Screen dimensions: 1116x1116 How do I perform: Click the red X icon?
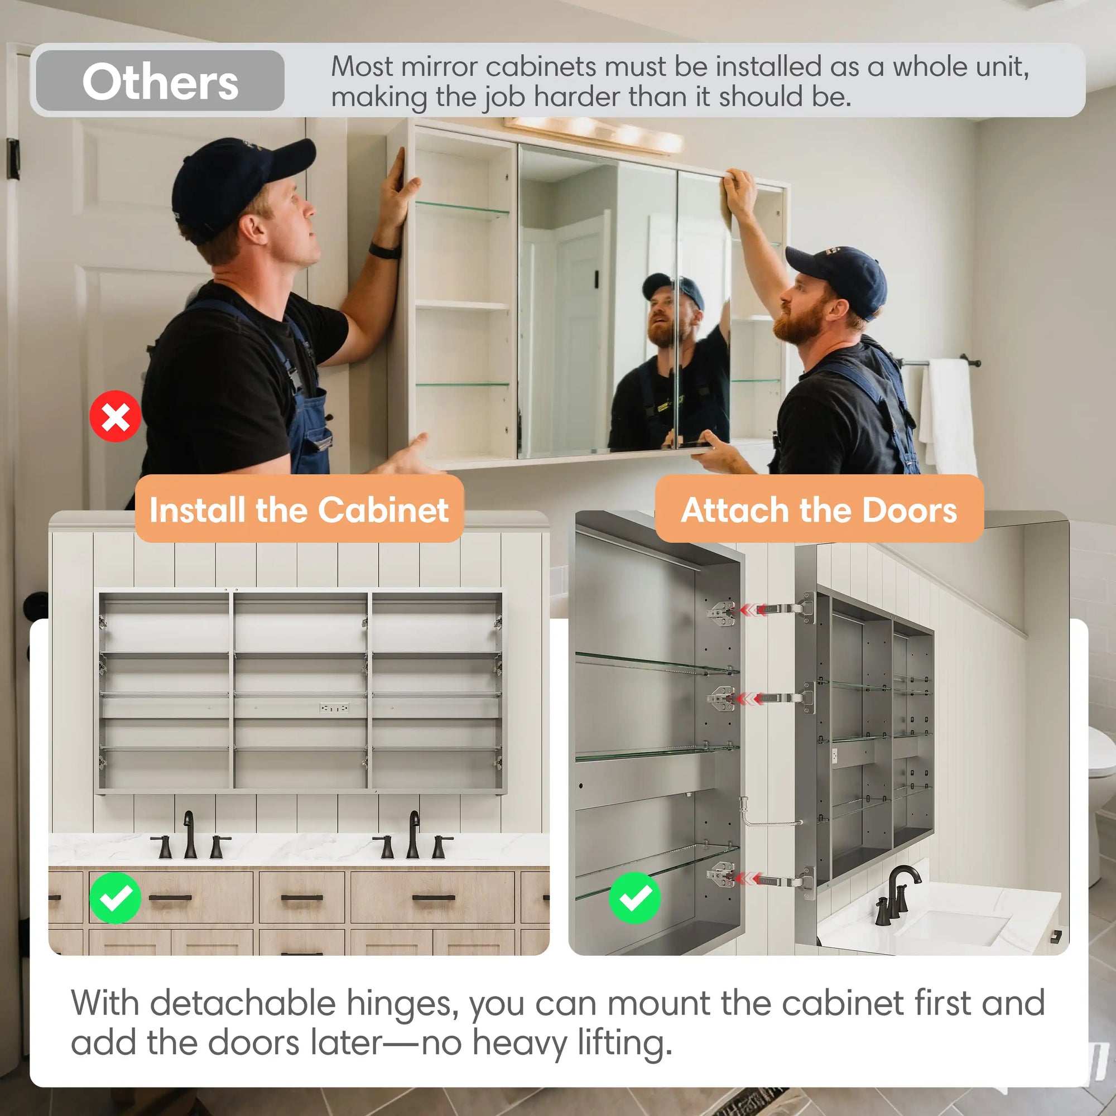(115, 416)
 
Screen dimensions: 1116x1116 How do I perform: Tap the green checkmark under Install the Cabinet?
(115, 898)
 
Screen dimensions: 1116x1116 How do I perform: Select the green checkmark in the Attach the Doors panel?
(635, 898)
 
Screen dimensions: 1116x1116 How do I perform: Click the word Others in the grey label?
(160, 81)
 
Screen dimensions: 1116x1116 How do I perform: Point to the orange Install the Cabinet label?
(299, 509)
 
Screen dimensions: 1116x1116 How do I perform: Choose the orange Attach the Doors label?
(819, 509)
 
